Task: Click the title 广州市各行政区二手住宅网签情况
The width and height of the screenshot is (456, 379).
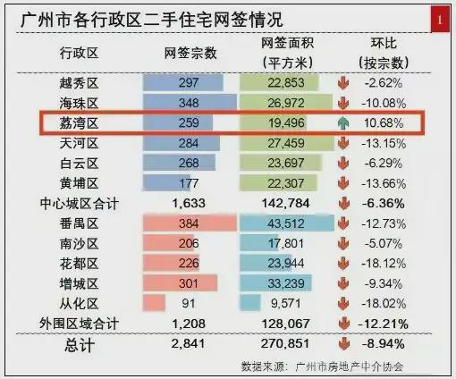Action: click(x=152, y=20)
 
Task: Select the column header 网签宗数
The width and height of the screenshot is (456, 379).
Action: click(x=190, y=54)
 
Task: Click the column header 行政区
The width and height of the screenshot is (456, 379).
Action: click(x=79, y=54)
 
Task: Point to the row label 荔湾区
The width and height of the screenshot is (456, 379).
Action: click(x=79, y=123)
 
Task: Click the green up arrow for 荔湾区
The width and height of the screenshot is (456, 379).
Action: click(x=343, y=123)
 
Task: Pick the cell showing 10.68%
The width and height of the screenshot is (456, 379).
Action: click(x=384, y=123)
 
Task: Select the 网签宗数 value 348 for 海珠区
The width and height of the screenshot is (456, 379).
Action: click(x=189, y=103)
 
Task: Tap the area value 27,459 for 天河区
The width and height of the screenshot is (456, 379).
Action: click(x=286, y=143)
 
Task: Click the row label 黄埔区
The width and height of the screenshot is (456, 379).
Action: click(x=79, y=183)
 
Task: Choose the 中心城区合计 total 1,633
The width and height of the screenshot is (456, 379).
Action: click(x=189, y=204)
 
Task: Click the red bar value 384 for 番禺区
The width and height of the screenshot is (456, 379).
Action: click(x=189, y=223)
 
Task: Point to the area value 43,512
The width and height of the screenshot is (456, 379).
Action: click(x=286, y=223)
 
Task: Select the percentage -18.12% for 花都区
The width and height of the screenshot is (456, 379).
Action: click(x=384, y=264)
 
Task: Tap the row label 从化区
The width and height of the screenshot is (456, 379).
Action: click(x=79, y=304)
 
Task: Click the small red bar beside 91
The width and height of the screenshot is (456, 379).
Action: click(x=154, y=303)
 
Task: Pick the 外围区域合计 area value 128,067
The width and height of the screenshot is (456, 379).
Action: click(x=285, y=324)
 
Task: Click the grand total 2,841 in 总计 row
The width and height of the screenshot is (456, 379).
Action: click(x=189, y=344)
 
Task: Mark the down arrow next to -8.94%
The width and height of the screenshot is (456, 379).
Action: click(x=344, y=344)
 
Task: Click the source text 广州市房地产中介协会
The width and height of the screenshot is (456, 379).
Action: click(x=350, y=366)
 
